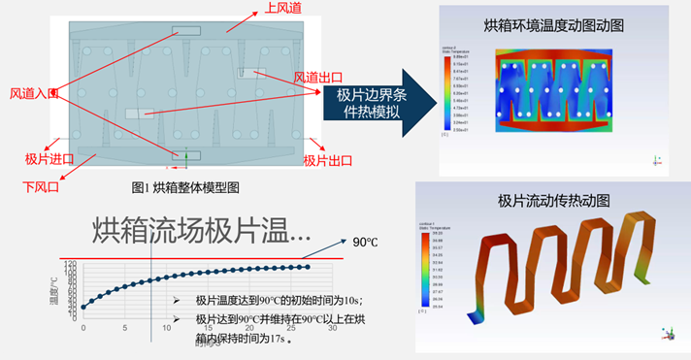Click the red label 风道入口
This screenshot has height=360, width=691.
click(34, 93)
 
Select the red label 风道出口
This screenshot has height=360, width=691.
click(318, 78)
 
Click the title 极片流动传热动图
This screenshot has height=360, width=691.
click(553, 201)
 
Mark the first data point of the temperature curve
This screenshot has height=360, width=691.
click(83, 307)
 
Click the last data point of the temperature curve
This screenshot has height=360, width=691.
click(308, 267)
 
